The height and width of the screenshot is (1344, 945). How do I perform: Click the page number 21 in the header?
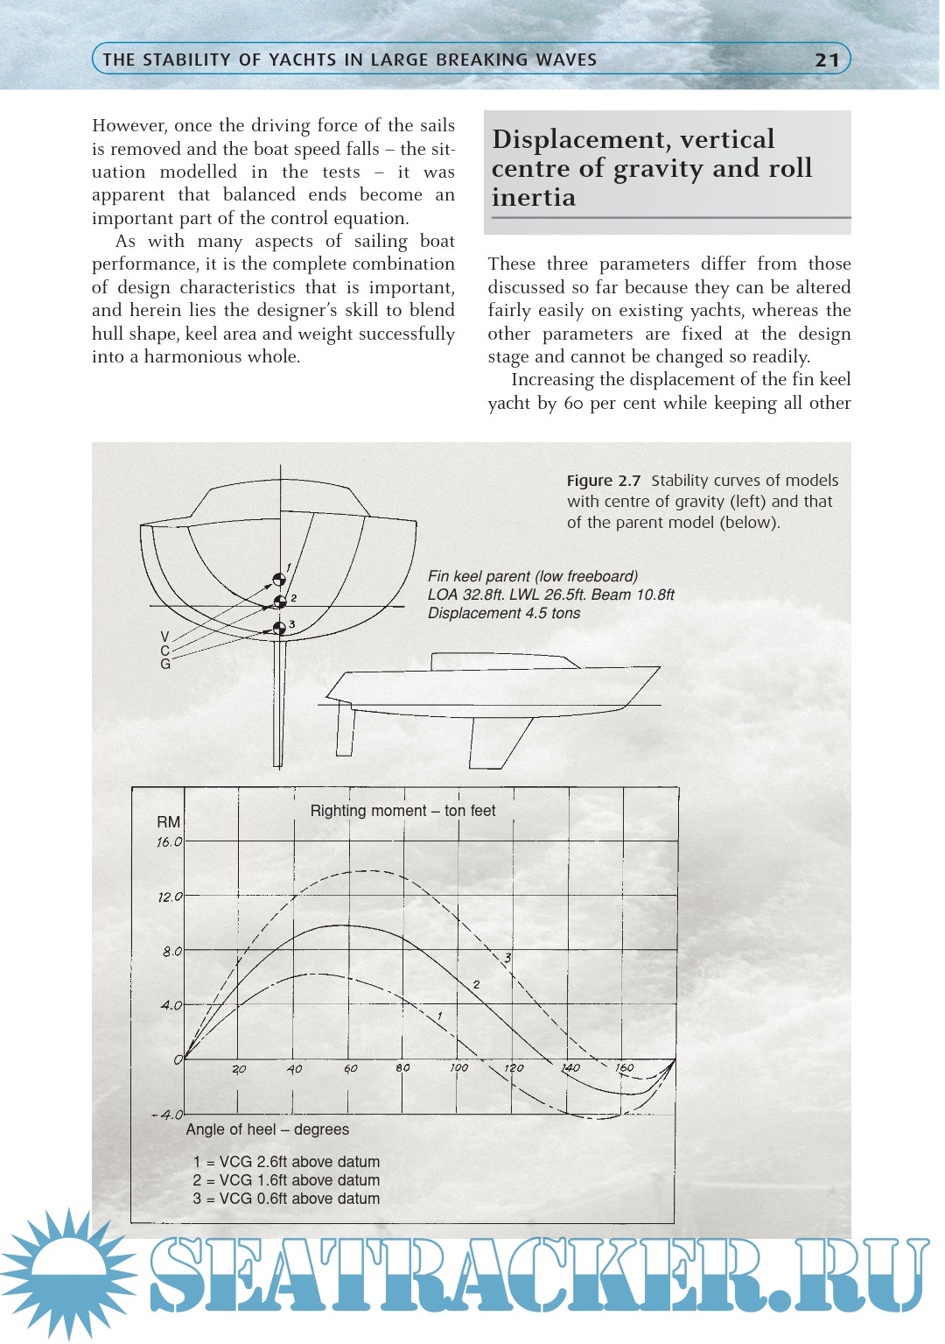pos(826,60)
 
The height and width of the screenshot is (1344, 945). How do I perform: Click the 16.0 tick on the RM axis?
pos(170,842)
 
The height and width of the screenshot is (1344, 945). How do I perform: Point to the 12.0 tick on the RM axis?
pos(170,897)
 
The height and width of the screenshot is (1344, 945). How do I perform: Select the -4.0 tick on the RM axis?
pos(167,1115)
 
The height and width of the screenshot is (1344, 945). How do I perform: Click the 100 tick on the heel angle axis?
pos(458,1068)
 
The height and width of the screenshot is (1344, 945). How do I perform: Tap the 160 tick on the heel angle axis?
pos(624,1068)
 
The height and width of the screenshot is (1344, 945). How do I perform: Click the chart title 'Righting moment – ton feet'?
pos(402,811)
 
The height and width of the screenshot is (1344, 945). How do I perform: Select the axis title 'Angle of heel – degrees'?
pos(267,1129)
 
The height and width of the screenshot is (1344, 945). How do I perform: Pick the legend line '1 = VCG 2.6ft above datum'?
pos(286,1162)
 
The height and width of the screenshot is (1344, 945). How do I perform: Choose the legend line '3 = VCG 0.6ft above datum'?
pos(286,1199)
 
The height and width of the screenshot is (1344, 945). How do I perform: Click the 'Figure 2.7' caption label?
pos(603,481)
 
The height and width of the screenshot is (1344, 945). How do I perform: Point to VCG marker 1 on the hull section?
pos(279,580)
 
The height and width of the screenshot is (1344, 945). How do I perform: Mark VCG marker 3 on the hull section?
pos(279,628)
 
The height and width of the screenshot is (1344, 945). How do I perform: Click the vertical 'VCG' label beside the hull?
pos(164,651)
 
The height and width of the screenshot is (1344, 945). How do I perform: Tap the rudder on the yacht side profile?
pos(346,728)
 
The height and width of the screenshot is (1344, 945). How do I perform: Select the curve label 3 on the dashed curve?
pos(507,958)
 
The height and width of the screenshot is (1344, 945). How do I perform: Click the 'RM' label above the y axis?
pos(168,822)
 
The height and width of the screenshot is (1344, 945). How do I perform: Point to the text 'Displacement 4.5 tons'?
pos(504,613)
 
